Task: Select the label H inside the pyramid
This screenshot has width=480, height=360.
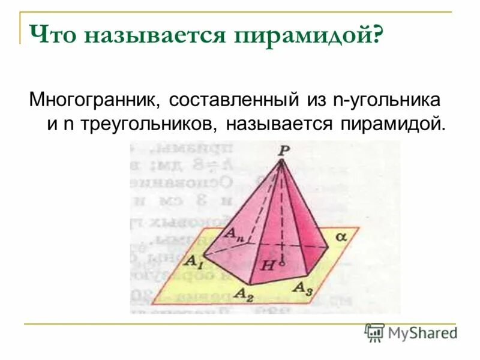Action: click(x=268, y=264)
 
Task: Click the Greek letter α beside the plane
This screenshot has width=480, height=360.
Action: click(x=341, y=236)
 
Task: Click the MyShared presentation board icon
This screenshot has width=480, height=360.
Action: click(x=374, y=331)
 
